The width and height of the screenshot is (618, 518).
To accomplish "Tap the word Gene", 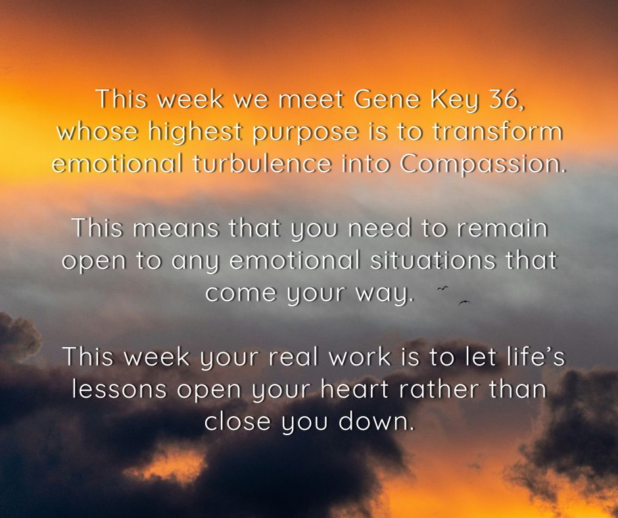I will pos(385,100).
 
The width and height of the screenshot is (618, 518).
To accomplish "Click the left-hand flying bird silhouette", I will pos(443,288).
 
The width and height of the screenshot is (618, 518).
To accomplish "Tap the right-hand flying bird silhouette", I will pos(465,302).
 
